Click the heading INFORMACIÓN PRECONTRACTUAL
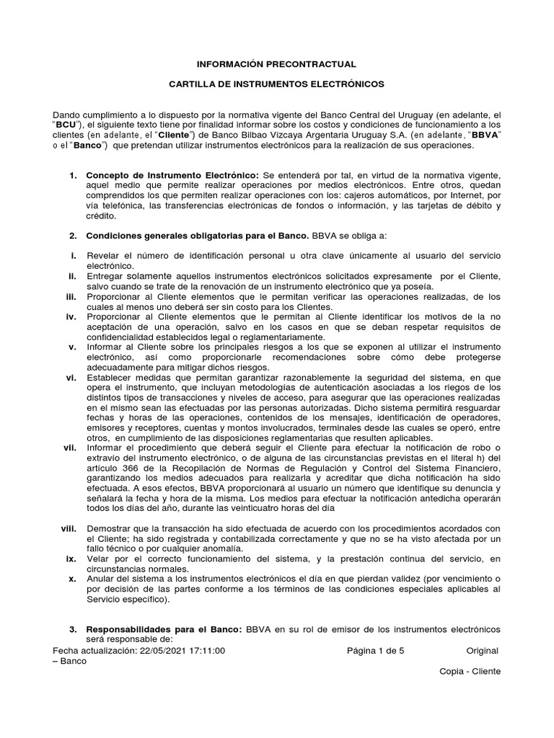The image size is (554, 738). [x=278, y=64]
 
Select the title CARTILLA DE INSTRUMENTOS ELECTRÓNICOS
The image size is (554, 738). [x=277, y=84]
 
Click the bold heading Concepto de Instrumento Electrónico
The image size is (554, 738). [x=172, y=176]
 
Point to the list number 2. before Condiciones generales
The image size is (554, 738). [x=73, y=236]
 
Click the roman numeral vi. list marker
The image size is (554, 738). [x=71, y=377]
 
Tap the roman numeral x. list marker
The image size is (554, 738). [x=72, y=579]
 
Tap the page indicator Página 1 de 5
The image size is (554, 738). [x=375, y=650]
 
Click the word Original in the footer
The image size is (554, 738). [x=483, y=650]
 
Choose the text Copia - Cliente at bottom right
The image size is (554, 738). [x=470, y=671]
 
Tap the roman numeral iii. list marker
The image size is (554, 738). [x=71, y=296]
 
